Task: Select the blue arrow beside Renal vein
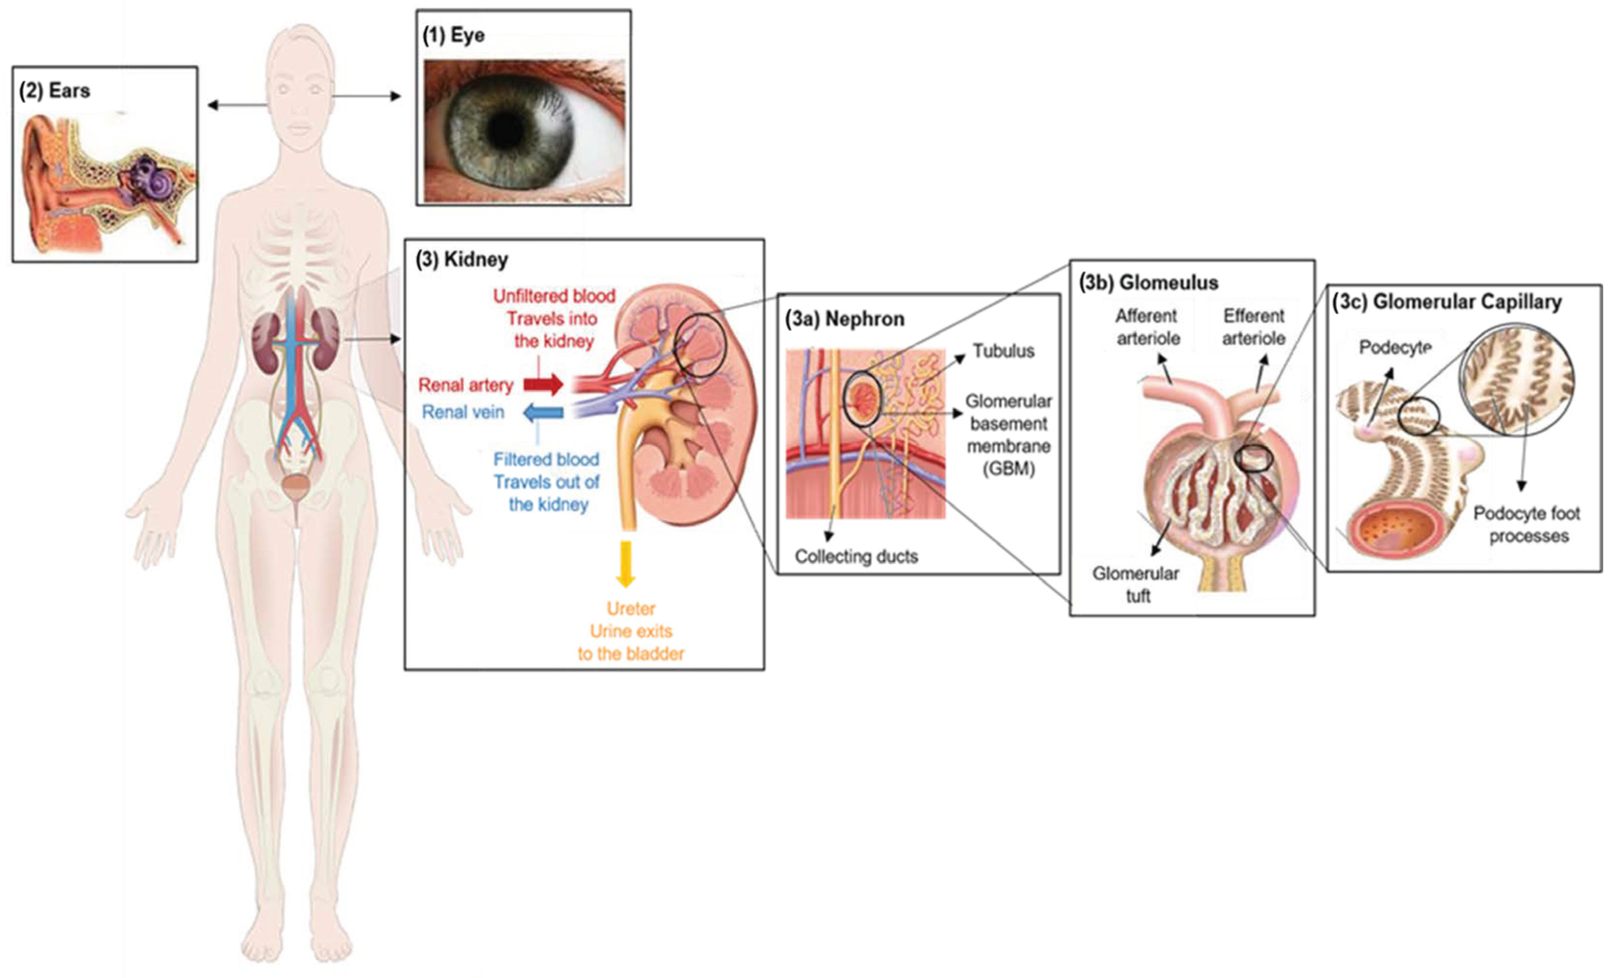click(x=544, y=412)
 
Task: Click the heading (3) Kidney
click(x=462, y=259)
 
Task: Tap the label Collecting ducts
click(x=856, y=556)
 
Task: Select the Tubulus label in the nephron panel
click(x=1003, y=351)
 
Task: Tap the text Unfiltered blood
click(x=554, y=296)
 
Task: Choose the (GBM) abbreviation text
click(x=1008, y=469)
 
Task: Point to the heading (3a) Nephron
click(x=845, y=319)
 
